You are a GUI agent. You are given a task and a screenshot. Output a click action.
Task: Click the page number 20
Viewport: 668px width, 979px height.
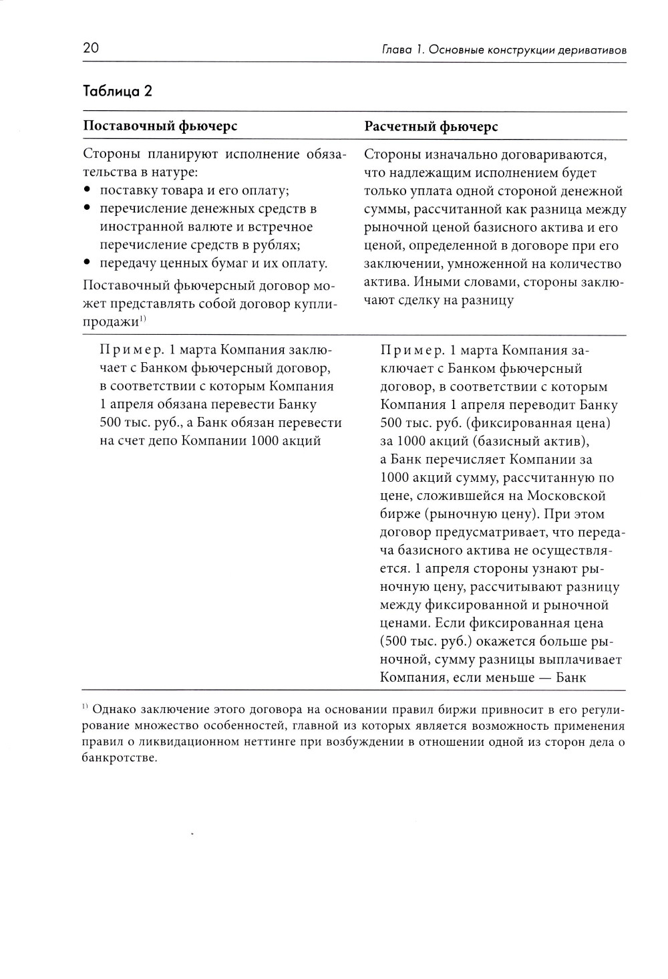(x=91, y=48)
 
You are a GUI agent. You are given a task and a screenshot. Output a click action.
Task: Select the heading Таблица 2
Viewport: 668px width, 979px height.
(x=117, y=91)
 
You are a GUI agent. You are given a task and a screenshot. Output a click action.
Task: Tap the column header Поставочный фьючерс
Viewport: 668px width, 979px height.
(x=160, y=126)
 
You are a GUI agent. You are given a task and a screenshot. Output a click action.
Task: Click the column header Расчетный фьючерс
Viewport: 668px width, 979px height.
(x=431, y=126)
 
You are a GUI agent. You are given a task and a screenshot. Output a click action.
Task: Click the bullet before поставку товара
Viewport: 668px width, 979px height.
(x=88, y=191)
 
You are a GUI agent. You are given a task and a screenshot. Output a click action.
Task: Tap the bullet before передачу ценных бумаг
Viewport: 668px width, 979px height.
(x=88, y=263)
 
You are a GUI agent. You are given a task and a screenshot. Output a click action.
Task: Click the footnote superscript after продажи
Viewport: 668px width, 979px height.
(x=143, y=320)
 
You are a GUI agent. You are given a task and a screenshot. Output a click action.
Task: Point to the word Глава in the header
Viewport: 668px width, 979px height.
(x=395, y=50)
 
